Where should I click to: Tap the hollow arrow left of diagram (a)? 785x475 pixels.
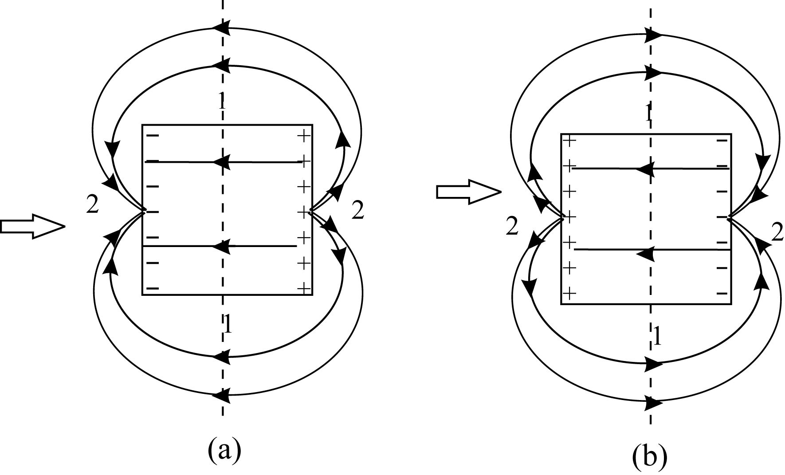pos(32,227)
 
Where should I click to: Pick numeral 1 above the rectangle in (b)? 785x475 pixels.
pos(648,114)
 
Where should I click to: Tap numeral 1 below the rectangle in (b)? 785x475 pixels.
pos(657,336)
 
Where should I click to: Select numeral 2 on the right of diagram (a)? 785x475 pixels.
pos(357,210)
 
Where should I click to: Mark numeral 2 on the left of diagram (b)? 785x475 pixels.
pos(512,227)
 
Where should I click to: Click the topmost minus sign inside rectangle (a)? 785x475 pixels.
pos(152,136)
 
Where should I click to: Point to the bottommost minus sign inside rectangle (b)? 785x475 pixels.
pos(722,293)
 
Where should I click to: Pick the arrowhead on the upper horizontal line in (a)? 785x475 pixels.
pos(221,162)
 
